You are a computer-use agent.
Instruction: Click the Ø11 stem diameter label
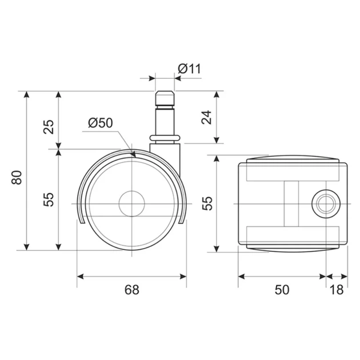pyautogui.click(x=189, y=69)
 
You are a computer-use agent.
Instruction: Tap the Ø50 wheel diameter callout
pyautogui.click(x=101, y=123)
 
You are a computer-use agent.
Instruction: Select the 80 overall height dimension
pyautogui.click(x=17, y=177)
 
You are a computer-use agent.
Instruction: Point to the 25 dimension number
pyautogui.click(x=49, y=127)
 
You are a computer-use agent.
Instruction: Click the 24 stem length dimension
pyautogui.click(x=207, y=117)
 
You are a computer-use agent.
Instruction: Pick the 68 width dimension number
pyautogui.click(x=132, y=290)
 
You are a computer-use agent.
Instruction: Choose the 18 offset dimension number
pyautogui.click(x=337, y=290)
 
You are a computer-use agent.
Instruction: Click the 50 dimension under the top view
pyautogui.click(x=282, y=290)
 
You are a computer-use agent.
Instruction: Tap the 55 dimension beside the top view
pyautogui.click(x=207, y=203)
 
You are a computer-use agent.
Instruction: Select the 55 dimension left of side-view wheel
pyautogui.click(x=49, y=199)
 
